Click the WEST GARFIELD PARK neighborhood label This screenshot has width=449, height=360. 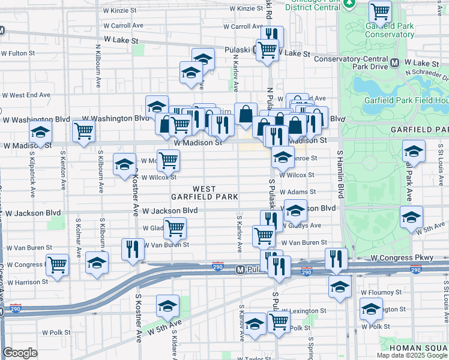click(204, 193)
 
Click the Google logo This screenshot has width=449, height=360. click(20, 352)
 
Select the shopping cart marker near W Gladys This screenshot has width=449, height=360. click(175, 227)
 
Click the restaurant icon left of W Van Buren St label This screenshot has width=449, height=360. click(133, 248)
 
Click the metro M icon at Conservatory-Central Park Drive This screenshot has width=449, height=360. click(395, 62)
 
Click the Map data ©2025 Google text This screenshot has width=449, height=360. click(412, 355)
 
